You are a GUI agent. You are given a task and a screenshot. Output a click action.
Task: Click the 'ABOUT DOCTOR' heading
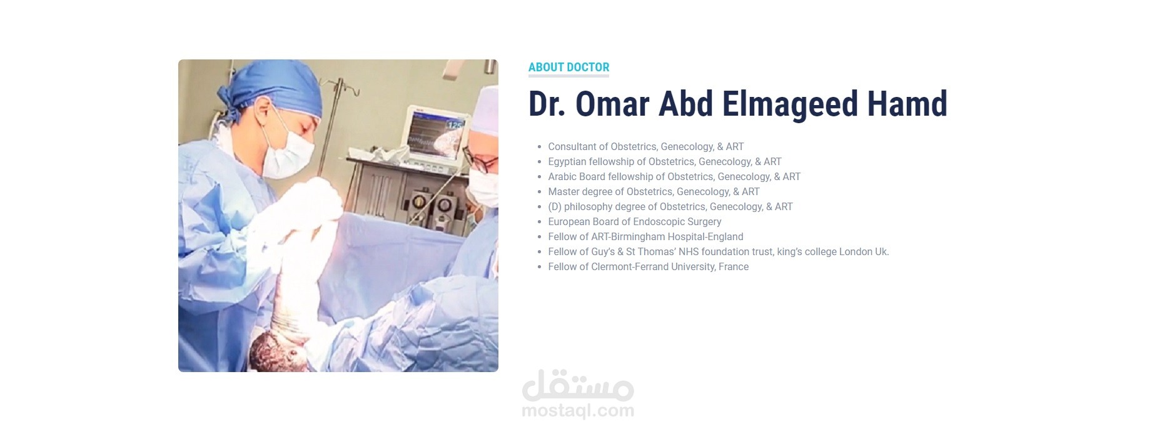(x=568, y=68)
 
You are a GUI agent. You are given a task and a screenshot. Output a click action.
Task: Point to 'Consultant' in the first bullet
(x=572, y=146)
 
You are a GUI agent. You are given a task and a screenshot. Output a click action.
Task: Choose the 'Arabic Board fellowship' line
(x=674, y=176)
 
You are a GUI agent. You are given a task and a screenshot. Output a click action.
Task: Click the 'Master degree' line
(x=654, y=191)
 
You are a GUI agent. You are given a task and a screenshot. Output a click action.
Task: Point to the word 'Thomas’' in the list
(x=656, y=251)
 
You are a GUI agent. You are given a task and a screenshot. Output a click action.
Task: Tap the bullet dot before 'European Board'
(x=539, y=222)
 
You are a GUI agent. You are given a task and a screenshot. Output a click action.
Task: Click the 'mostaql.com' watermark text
(x=578, y=411)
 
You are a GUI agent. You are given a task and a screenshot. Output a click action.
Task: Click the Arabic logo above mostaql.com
(x=578, y=385)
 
